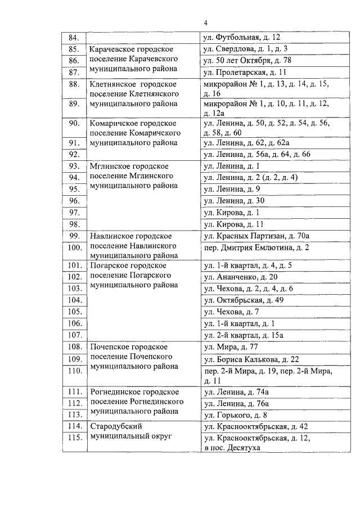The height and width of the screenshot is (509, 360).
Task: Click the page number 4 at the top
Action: tap(205, 23)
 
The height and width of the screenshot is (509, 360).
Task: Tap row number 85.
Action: tap(73, 49)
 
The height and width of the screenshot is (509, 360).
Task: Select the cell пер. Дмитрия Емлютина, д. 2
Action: tap(256, 247)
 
